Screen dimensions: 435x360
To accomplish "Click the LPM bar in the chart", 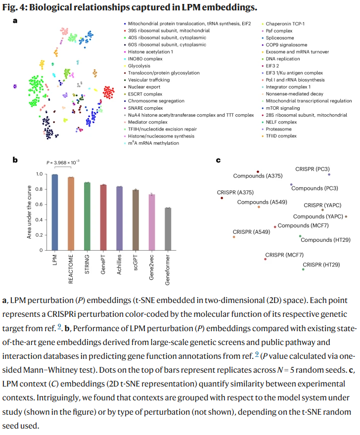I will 55,213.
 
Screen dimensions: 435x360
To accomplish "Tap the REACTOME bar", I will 71,214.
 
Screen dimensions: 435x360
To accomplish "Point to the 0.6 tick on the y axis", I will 43,205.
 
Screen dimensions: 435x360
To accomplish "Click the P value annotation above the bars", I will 63,162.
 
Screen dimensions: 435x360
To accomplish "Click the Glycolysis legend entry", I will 136,66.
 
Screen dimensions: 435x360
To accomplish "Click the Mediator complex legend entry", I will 147,122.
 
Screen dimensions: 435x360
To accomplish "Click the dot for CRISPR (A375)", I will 222,198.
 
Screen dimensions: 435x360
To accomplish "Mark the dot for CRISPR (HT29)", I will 304,269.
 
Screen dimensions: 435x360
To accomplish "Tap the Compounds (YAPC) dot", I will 346,217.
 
